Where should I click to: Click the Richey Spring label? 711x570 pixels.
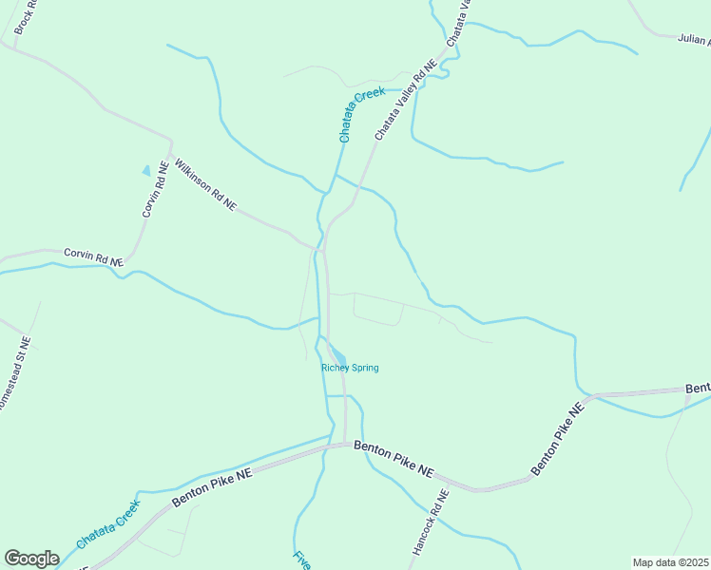pos(350,368)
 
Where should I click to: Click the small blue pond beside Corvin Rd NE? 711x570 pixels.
pos(145,170)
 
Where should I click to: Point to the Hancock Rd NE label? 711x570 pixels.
pos(431,522)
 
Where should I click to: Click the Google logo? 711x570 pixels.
pos(32,559)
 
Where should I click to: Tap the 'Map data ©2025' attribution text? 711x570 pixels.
pos(671,562)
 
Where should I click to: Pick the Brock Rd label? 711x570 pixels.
pos(24,17)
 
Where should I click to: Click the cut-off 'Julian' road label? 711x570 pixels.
pos(694,40)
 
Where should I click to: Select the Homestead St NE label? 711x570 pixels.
pos(14,374)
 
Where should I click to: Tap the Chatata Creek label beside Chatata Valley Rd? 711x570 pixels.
pos(361,114)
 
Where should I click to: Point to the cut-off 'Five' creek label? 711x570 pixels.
pos(302,560)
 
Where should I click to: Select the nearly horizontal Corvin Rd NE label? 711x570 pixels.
pos(93,256)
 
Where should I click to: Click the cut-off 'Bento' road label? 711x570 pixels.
pos(698,389)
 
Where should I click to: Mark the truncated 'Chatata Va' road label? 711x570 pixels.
pos(457,21)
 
